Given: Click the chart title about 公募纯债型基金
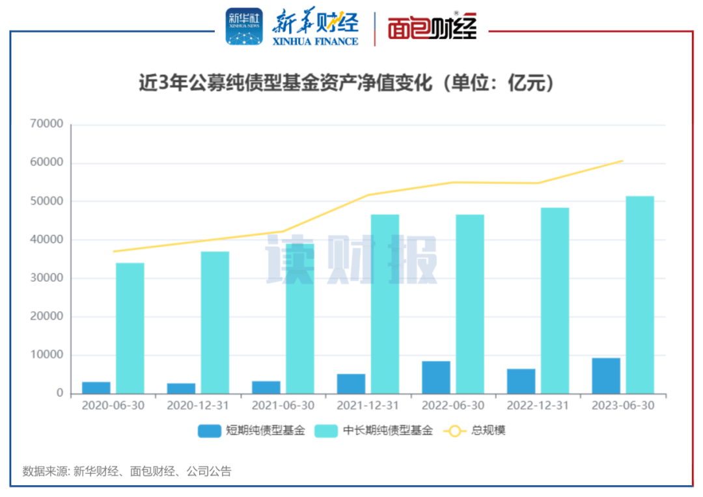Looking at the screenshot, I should [x=346, y=85].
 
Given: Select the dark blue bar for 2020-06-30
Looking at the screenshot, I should [x=96, y=388].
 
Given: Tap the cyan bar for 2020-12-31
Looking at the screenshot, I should [x=215, y=322].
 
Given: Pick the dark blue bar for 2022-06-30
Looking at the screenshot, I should [x=435, y=377].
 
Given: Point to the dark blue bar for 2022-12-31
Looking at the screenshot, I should [x=521, y=381].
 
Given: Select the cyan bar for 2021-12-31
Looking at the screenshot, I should [x=385, y=304].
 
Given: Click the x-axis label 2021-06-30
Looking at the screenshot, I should [x=283, y=405].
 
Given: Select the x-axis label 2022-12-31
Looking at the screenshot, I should [x=538, y=405].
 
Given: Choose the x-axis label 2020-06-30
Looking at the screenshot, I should [x=113, y=405].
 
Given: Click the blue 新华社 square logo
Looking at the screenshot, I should [x=244, y=27].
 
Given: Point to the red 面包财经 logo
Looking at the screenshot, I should [x=432, y=27].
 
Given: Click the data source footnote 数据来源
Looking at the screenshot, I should [x=127, y=472].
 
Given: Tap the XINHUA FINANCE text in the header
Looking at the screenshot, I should [x=316, y=41].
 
